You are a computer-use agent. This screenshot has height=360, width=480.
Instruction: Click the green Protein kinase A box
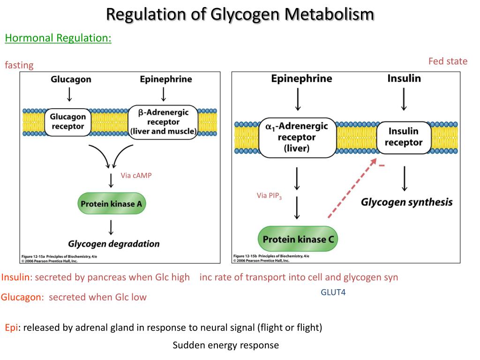112,204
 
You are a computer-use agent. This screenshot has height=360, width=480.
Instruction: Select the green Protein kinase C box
298,240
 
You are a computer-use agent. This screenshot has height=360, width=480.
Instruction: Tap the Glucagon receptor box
68,121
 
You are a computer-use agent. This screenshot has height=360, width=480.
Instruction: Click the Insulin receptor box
404,137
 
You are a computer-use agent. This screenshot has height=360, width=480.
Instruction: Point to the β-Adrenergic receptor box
163,122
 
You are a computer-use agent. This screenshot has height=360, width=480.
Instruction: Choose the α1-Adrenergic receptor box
297,137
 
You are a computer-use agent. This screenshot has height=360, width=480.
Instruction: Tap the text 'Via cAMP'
136,176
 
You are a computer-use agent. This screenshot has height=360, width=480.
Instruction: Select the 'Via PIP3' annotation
269,196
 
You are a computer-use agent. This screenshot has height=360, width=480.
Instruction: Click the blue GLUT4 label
333,292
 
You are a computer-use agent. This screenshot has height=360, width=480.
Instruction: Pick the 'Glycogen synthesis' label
406,202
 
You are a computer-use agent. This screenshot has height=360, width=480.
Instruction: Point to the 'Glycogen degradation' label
114,244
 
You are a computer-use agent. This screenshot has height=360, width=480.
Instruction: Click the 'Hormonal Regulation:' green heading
58,38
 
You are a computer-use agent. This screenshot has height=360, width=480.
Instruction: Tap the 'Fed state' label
448,61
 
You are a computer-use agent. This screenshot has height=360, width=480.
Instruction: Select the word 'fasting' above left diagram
19,65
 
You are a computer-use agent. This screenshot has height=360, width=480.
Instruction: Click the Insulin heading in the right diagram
404,78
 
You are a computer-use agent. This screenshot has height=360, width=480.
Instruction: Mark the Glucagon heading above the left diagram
71,79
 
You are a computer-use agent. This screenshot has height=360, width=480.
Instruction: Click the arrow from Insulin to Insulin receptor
404,99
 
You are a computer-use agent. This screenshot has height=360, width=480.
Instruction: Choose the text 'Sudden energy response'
225,345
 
